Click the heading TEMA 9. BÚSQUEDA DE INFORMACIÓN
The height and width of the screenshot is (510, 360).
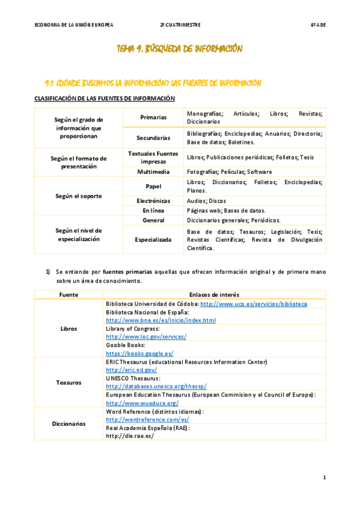(180, 49)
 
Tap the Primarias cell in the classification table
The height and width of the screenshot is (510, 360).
(153, 117)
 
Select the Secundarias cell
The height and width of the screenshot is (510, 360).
(153, 138)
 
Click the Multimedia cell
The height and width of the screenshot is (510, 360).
(153, 171)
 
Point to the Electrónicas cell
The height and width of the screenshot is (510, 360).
(153, 200)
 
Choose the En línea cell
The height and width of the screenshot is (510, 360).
(153, 210)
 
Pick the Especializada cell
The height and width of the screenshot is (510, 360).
(153, 239)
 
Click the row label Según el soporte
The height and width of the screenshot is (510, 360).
(79, 195)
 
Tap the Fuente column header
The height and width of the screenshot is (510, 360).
(69, 295)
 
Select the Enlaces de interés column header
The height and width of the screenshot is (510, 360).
(214, 295)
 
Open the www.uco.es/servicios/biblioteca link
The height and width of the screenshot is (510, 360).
(253, 304)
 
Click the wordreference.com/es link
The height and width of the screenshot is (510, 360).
(147, 419)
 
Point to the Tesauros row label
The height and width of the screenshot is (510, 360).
(69, 382)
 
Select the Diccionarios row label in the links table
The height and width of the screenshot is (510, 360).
(69, 423)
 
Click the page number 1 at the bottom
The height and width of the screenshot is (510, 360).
(324, 478)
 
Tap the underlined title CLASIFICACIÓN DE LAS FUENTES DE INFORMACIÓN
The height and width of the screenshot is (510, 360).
(105, 98)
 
